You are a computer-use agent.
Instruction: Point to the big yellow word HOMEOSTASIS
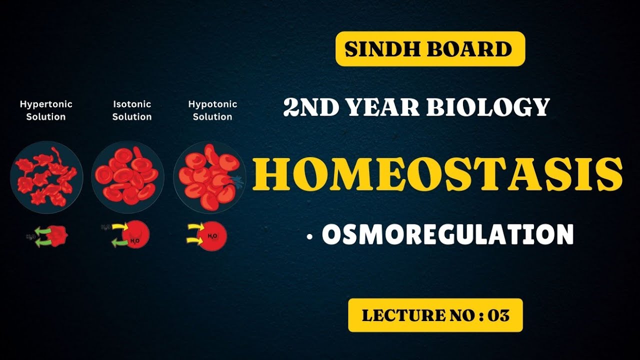pyautogui.click(x=437, y=174)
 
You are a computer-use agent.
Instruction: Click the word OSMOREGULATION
pyautogui.click(x=447, y=234)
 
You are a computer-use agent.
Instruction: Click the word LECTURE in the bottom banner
pyautogui.click(x=393, y=315)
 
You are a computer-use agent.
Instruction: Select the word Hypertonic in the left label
pyautogui.click(x=46, y=104)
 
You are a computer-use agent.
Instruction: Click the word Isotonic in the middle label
pyautogui.click(x=131, y=104)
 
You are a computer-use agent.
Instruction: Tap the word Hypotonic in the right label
pyautogui.click(x=212, y=104)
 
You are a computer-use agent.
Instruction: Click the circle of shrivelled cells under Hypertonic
pyautogui.click(x=46, y=177)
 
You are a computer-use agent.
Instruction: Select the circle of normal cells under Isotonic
pyautogui.click(x=127, y=177)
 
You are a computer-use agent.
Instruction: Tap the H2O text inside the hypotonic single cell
pyautogui.click(x=212, y=235)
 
